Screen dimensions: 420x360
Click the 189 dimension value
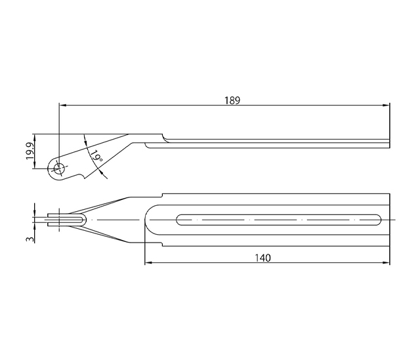[x=232, y=100]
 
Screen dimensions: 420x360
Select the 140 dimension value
[x=262, y=258]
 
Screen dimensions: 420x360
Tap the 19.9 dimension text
[x=30, y=151]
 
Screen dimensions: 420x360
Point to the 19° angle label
[x=96, y=156]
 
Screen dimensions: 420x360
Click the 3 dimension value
[x=30, y=239]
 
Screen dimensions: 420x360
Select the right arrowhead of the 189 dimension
[x=387, y=105]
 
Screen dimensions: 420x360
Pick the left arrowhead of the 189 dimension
[x=62, y=105]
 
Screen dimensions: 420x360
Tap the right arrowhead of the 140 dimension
[x=387, y=262]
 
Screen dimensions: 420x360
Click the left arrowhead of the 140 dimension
[x=148, y=262]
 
